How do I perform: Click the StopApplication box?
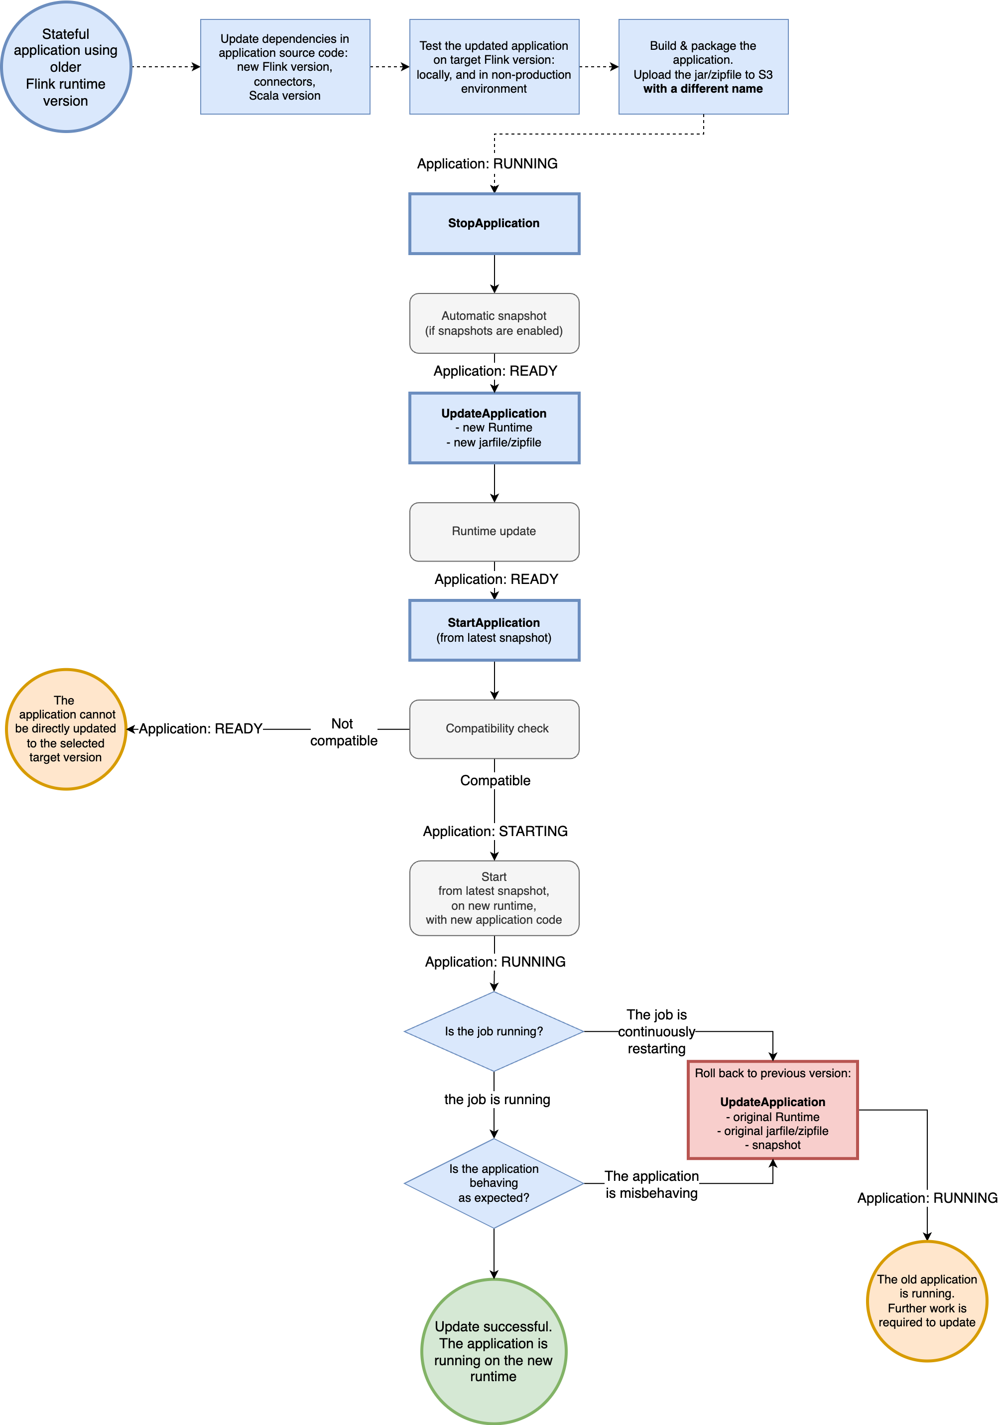point(494,223)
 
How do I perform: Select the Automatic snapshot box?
point(494,323)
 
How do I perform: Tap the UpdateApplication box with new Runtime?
point(494,427)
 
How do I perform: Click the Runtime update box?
point(494,531)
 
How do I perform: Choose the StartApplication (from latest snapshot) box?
point(494,630)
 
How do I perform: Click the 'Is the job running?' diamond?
point(494,1031)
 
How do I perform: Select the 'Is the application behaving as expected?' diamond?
point(494,1183)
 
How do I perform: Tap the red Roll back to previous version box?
point(772,1110)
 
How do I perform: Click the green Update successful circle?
point(494,1351)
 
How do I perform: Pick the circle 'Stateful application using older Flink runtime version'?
point(66,67)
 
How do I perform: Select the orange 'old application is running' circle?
point(926,1301)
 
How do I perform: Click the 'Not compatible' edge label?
point(343,732)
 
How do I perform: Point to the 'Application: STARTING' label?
point(495,831)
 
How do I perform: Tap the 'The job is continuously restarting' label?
point(656,1031)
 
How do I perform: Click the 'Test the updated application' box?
point(494,67)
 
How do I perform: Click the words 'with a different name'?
point(703,89)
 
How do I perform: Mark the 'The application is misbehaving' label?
point(651,1184)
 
